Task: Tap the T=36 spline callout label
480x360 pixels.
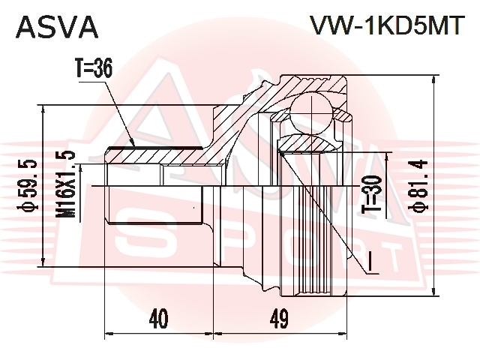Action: click(93, 69)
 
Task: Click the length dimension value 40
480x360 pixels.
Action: click(157, 319)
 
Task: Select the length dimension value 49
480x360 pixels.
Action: click(279, 319)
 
